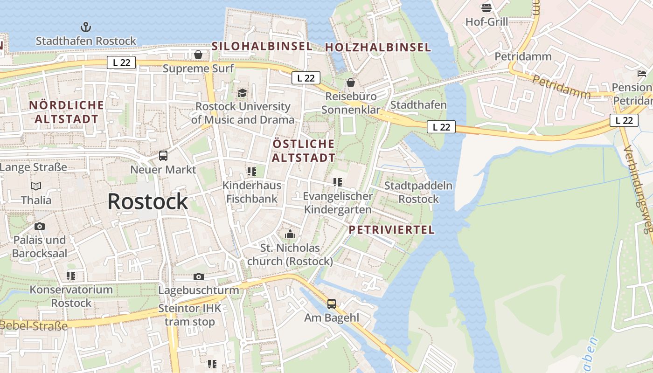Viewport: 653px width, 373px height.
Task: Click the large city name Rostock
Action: coord(147,201)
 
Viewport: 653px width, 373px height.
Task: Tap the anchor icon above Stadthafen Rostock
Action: coord(86,27)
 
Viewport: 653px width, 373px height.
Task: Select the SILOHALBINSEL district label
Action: coord(262,46)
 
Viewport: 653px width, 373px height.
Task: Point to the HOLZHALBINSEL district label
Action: coord(378,47)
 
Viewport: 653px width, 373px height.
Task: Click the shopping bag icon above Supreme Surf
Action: coord(198,55)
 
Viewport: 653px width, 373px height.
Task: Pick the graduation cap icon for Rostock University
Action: coord(242,93)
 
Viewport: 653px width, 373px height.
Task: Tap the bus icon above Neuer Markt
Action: coord(163,156)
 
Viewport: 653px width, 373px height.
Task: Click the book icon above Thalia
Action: coord(36,186)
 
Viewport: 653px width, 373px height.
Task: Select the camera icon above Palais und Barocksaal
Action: coord(40,227)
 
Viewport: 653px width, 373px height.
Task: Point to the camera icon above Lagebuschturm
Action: coord(199,276)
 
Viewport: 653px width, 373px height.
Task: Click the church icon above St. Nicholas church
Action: coord(290,234)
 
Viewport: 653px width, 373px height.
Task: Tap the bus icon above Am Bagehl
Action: coord(332,304)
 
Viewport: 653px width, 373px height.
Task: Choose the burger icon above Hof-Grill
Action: coord(486,8)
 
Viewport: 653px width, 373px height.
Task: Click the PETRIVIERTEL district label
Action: coord(392,230)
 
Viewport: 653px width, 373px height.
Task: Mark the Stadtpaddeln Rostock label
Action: coord(418,192)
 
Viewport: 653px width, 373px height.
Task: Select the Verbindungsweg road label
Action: coord(638,189)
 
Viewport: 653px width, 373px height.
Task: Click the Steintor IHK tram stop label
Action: coord(189,315)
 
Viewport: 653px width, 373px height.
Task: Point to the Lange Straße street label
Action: coord(34,167)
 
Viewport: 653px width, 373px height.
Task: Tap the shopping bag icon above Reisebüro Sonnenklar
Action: coord(350,83)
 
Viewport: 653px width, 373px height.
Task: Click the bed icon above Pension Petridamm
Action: coord(642,73)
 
